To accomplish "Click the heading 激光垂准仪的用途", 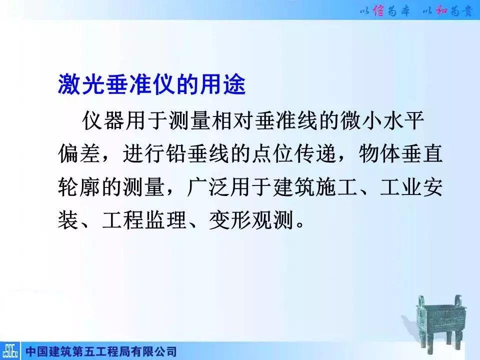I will pos(151,85).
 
